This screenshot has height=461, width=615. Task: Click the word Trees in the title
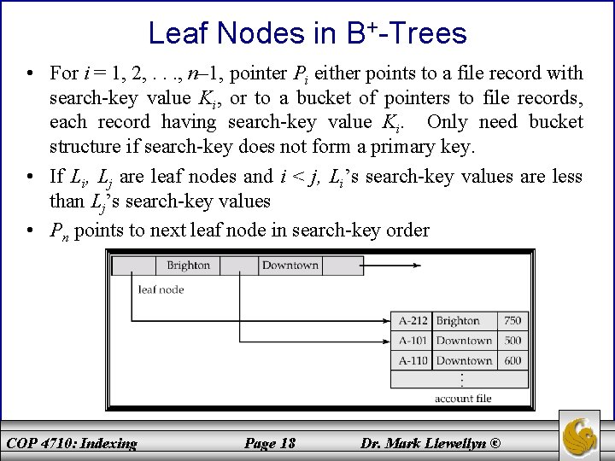coord(424,34)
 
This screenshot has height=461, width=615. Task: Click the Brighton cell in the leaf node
coord(188,266)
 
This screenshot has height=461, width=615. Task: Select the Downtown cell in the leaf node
coord(290,266)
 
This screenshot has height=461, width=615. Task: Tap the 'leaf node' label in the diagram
coord(161,289)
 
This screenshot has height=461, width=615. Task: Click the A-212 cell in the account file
coord(413,321)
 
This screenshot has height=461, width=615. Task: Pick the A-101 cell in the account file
coord(413,341)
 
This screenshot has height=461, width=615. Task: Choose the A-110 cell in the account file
coord(413,360)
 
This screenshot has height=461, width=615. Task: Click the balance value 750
coord(512,321)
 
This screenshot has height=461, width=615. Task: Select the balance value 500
coord(512,341)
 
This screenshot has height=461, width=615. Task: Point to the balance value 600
coord(512,360)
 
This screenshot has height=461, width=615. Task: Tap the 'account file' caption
coord(463,399)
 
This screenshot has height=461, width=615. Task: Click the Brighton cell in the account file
coord(458,321)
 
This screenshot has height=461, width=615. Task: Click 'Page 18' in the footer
coord(270,443)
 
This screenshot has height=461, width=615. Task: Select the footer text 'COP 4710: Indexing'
coord(72,443)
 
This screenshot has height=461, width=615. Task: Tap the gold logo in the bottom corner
coord(585,435)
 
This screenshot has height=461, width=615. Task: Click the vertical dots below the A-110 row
coord(462,379)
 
